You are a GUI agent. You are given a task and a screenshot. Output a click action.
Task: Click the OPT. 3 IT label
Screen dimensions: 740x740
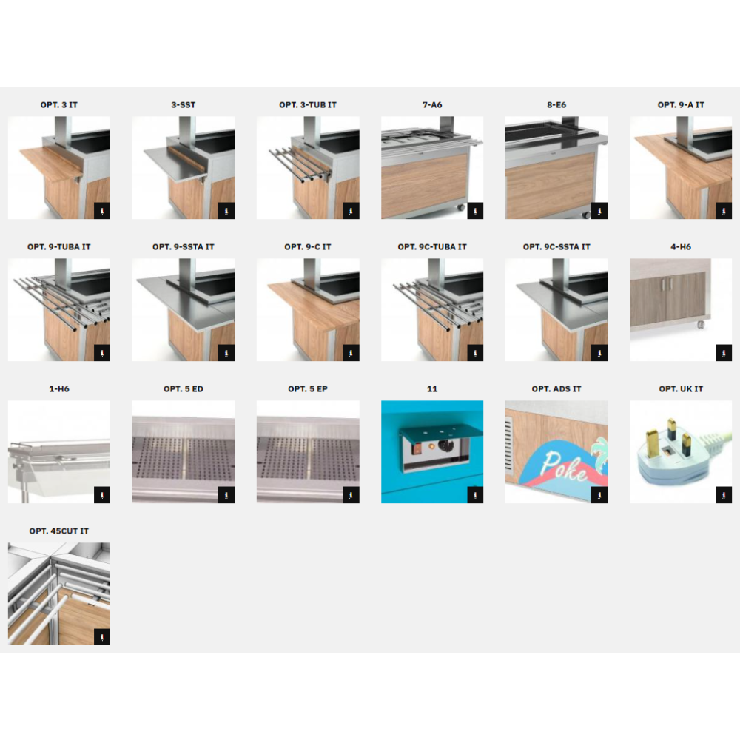coord(59,105)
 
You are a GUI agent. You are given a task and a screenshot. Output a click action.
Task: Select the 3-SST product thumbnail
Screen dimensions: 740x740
coord(183,167)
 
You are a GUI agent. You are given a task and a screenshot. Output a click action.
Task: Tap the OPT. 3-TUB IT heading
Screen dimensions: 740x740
coord(308,105)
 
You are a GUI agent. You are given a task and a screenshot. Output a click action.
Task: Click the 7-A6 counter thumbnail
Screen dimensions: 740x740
coord(432,167)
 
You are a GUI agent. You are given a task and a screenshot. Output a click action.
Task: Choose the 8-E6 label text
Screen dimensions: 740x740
coord(556,105)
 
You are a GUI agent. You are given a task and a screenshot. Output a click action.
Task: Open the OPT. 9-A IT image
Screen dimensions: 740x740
coord(681,167)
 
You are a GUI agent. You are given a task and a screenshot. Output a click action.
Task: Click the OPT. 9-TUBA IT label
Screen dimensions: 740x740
coord(59,247)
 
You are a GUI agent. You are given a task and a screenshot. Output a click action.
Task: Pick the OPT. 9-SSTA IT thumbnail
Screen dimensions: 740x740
coord(183,309)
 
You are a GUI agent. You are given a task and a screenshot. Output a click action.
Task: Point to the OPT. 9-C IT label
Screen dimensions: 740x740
coord(308,247)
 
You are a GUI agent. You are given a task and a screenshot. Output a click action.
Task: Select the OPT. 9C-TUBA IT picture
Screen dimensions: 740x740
coord(432,309)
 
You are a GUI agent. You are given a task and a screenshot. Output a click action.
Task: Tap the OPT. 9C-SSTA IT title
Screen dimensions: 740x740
coord(556,247)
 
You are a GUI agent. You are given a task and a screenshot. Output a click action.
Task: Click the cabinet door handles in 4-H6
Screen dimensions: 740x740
coord(667,283)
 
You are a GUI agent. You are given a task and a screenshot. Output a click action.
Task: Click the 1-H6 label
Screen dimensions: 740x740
coord(59,389)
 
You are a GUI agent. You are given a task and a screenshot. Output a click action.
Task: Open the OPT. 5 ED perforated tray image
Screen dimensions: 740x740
coord(183,451)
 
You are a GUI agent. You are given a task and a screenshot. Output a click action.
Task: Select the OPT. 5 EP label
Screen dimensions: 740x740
coord(308,389)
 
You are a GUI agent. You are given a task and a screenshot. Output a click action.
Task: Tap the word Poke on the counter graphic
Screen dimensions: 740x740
coord(563,466)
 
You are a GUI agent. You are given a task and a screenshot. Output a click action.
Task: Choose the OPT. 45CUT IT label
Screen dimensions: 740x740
coord(59,531)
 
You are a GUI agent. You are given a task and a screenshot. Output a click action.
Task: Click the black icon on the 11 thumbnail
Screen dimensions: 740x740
coord(475,495)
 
